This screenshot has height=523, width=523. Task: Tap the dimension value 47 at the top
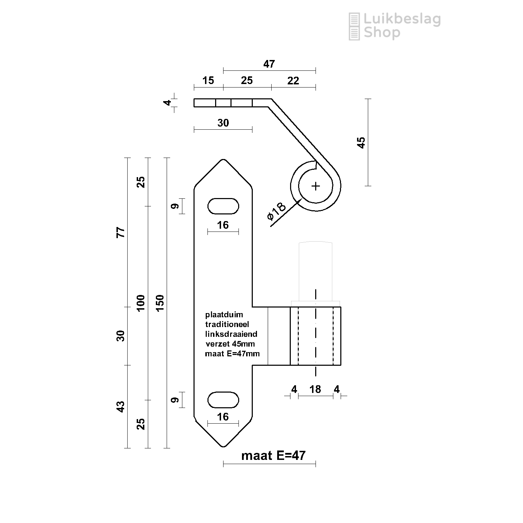[x=269, y=64]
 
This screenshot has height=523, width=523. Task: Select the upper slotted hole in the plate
[x=223, y=206]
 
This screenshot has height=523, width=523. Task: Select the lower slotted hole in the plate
[x=223, y=400]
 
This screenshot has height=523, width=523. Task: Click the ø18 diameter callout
[x=276, y=212]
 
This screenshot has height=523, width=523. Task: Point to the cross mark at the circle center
[x=316, y=186]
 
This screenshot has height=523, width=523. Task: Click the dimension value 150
[x=160, y=303]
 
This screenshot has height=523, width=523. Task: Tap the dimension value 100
[x=141, y=303]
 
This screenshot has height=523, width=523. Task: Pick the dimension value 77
[x=120, y=232]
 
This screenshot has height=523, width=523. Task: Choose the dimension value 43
[x=120, y=407]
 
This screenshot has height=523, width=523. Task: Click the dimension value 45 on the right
[x=362, y=143]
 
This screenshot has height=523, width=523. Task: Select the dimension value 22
[x=293, y=81]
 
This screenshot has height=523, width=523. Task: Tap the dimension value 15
[x=208, y=81]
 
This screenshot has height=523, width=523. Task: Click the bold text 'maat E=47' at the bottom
[x=273, y=455]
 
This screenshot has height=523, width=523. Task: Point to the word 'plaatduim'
[x=224, y=315]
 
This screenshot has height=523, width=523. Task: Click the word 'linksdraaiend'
[x=231, y=334]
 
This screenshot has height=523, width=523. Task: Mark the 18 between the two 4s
[x=315, y=389]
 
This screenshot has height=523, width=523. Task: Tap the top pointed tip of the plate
[x=223, y=159]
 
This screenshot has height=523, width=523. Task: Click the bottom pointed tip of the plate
[x=223, y=447]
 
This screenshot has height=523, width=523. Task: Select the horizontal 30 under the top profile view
[x=223, y=123]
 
